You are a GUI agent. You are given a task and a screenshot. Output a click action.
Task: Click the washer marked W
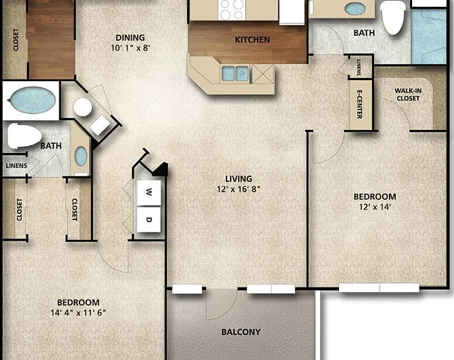click(149, 192)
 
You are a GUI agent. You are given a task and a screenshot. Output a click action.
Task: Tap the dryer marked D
click(149, 219)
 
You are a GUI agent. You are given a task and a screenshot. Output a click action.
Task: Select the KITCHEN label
click(252, 39)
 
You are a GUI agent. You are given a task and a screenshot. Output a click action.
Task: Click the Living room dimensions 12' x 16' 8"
click(239, 189)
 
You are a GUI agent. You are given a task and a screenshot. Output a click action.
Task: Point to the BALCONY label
click(241, 332)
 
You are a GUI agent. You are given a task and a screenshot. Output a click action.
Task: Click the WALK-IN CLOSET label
click(408, 94)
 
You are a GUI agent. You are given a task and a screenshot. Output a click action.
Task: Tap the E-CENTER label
click(360, 104)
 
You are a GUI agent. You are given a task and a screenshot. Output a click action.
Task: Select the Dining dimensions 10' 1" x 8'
click(130, 47)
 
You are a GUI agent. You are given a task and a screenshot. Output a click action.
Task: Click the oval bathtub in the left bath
click(33, 100)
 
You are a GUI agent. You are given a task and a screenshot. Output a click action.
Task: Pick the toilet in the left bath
click(24, 136)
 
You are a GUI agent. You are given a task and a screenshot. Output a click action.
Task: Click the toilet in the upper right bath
click(393, 17)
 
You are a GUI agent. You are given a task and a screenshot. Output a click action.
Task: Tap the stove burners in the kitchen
click(231, 9)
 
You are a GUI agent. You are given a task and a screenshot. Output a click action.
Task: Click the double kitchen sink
click(235, 74)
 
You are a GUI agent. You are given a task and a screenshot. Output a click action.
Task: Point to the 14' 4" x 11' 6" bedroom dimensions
click(78, 313)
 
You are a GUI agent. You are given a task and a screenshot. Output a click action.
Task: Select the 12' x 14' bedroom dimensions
click(375, 207)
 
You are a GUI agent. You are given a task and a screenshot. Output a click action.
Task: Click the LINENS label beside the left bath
click(16, 166)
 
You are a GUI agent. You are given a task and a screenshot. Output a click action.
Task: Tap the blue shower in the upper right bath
click(428, 36)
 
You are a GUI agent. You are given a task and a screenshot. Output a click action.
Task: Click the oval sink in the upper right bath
click(355, 9)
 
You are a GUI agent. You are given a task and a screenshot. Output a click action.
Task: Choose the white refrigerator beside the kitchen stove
click(292, 12)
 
